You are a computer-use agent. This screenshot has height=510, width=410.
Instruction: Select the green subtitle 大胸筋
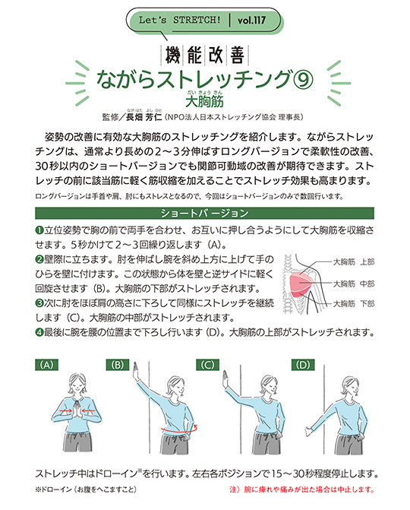point(204,100)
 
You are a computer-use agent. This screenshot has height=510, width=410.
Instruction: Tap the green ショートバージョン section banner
point(205,211)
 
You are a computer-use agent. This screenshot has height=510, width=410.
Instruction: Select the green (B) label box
point(118,365)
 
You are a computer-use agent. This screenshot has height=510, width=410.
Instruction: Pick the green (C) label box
point(207,365)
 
